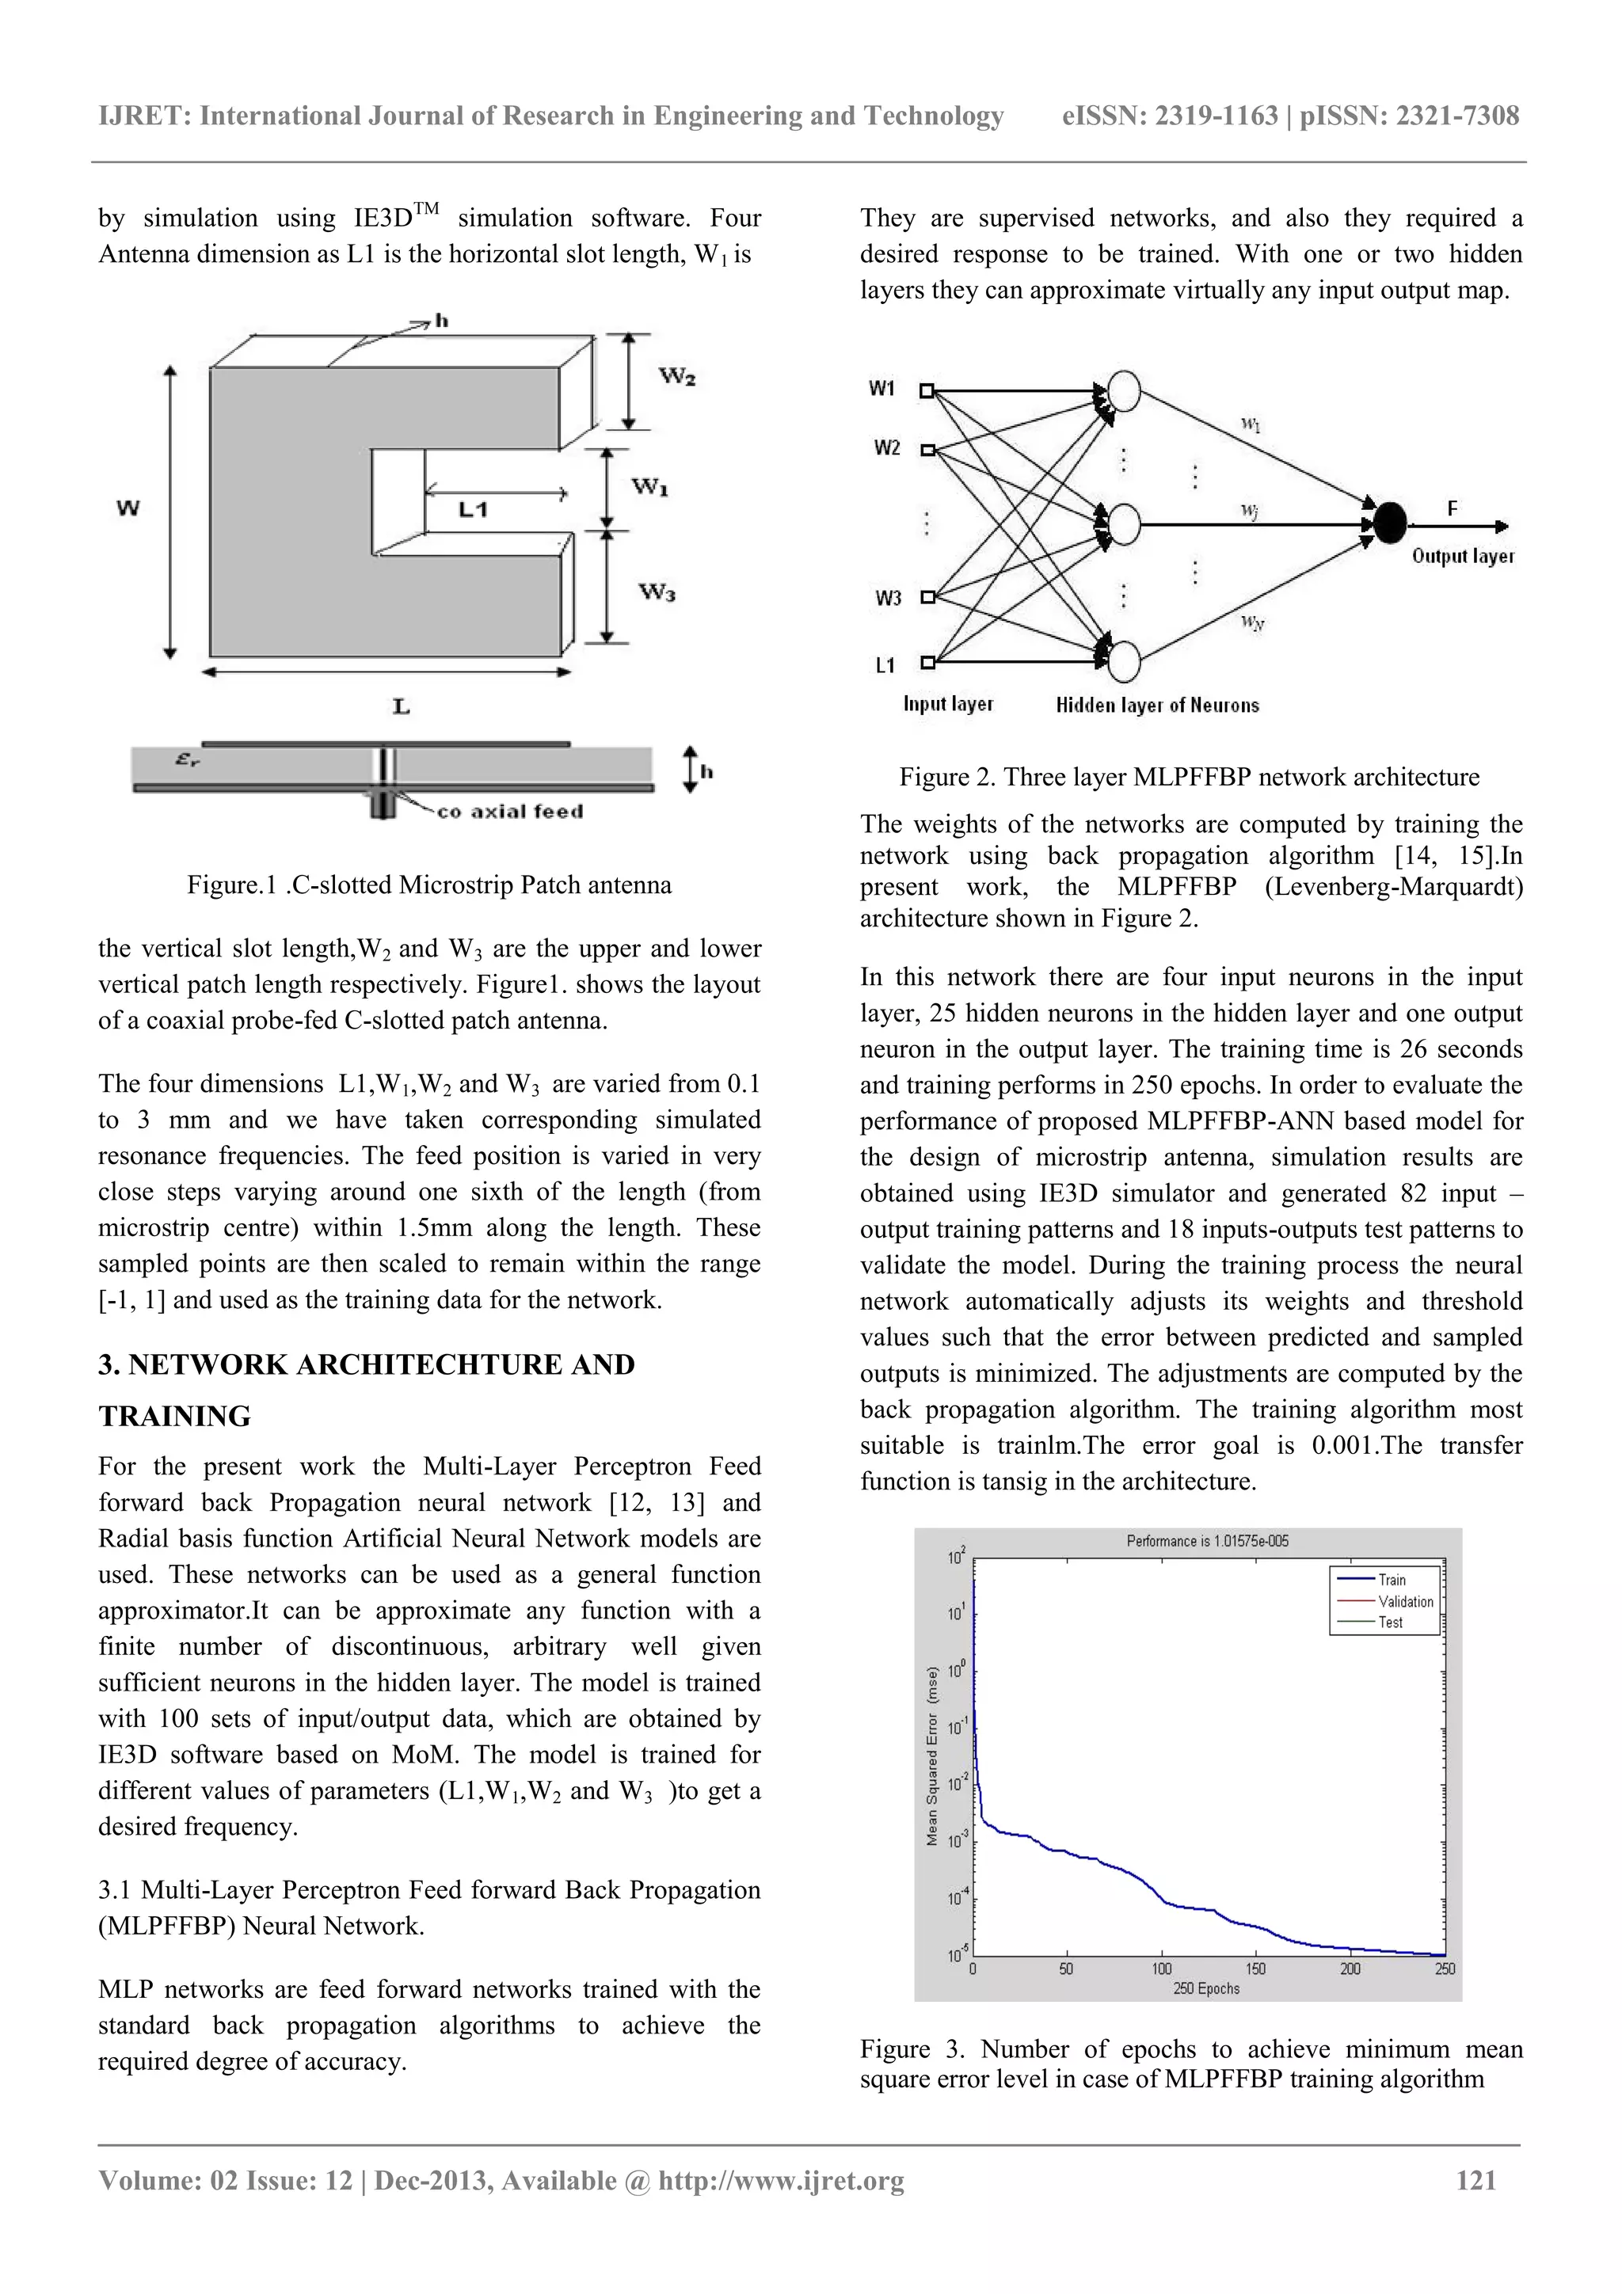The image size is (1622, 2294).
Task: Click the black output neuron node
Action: tap(1389, 523)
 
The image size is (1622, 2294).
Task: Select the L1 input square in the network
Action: tap(927, 661)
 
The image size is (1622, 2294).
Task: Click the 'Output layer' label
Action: tap(1462, 557)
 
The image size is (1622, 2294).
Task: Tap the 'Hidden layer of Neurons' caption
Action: tap(1157, 706)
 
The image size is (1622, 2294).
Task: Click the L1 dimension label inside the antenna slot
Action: tap(473, 509)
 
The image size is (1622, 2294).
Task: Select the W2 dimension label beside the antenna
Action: tap(676, 377)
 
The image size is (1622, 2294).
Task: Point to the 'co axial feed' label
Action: tap(510, 812)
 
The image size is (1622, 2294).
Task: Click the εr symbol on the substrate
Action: tap(187, 759)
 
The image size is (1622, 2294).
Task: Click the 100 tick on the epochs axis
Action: tap(1161, 1969)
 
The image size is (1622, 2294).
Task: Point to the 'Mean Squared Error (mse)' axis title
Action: tap(931, 1756)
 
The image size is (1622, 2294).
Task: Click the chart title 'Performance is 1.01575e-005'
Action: tap(1207, 1541)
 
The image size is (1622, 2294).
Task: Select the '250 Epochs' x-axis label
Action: tap(1206, 1989)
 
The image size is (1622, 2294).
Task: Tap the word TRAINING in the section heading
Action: tap(175, 1416)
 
